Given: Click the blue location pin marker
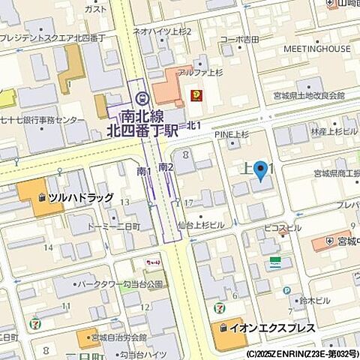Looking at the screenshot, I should click(x=260, y=171).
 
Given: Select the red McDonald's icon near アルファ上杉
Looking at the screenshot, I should click(x=196, y=94).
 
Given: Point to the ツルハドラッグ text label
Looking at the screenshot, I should click(x=81, y=197).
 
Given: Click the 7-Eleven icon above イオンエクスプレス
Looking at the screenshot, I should click(x=218, y=307).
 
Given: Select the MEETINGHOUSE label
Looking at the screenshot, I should click(x=317, y=49).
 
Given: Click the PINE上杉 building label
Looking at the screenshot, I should click(x=231, y=135).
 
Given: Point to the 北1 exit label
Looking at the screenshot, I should click(x=193, y=124).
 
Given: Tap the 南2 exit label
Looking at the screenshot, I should click(x=166, y=166).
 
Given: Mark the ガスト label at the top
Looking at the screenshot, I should click(x=95, y=9).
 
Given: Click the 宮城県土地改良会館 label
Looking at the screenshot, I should click(x=309, y=96).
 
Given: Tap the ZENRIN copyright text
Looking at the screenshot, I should click(x=301, y=352).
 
